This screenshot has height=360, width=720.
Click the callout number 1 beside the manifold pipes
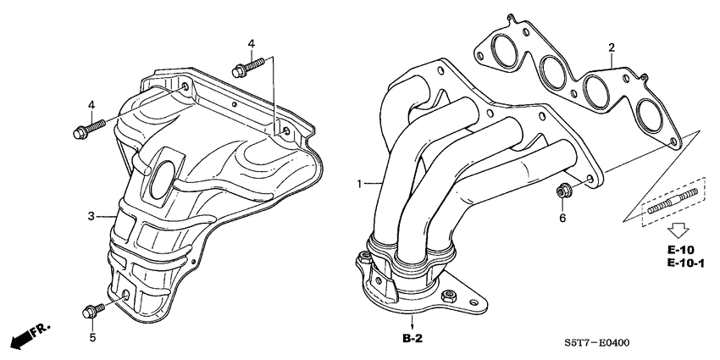[x=358, y=183]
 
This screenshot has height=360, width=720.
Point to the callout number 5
[x=93, y=338]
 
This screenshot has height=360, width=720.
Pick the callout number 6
[x=560, y=218]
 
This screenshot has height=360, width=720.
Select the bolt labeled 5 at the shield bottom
[x=91, y=310]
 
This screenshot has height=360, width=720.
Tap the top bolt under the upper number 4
[x=250, y=64]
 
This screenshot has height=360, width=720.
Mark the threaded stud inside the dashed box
[x=674, y=202]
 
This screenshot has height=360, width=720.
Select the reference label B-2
[x=413, y=338]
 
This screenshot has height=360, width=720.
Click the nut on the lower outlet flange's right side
[x=451, y=297]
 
